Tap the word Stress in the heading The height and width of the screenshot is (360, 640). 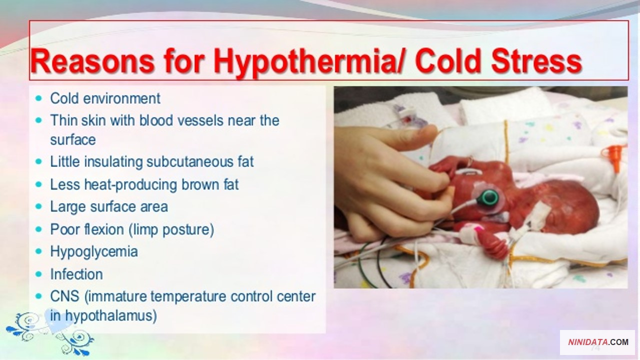click(x=536, y=61)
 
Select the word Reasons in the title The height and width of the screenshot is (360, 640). click(x=92, y=61)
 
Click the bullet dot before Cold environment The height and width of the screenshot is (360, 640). click(x=38, y=98)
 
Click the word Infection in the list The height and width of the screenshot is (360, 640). click(x=76, y=274)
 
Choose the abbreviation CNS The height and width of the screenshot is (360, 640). click(x=64, y=296)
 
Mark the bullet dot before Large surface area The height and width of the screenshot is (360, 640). click(x=38, y=206)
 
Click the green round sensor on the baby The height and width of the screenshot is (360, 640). click(x=489, y=197)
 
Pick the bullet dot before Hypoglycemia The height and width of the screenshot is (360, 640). click(x=38, y=251)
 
